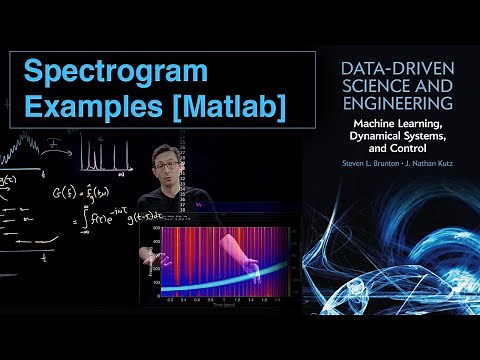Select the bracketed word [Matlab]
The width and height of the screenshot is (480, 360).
(212, 104)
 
